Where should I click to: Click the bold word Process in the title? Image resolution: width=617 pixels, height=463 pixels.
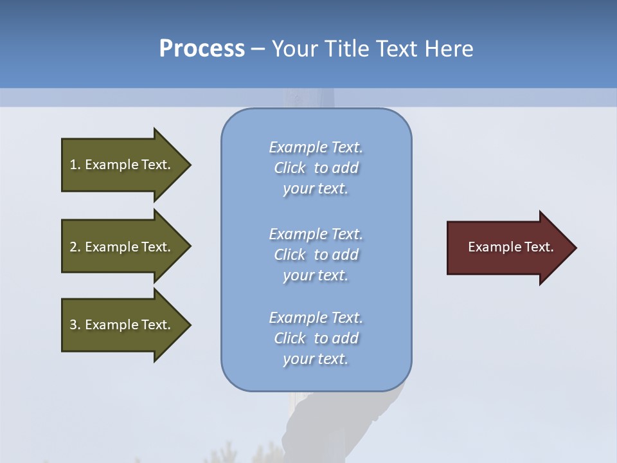[x=202, y=49]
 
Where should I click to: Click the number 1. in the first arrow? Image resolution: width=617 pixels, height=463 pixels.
[x=75, y=165]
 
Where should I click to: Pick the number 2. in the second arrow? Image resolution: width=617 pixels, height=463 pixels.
[x=75, y=247]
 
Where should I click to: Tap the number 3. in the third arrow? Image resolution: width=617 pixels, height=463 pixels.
[x=75, y=325]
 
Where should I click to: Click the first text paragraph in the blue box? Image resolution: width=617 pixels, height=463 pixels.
[x=316, y=168]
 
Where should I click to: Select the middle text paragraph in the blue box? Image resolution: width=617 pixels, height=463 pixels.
[x=316, y=255]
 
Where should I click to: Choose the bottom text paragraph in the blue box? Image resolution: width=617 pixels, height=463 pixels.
[x=316, y=338]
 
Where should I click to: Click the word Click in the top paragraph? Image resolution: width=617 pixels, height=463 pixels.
[x=289, y=168]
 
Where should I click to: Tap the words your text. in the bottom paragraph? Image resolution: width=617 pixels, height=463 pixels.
[x=316, y=359]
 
